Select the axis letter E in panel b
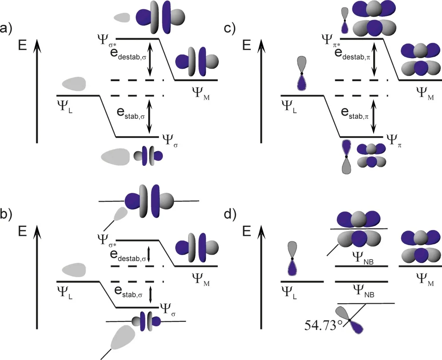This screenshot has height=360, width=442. click(x=25, y=231)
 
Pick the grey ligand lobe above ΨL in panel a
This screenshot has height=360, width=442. click(x=74, y=83)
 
